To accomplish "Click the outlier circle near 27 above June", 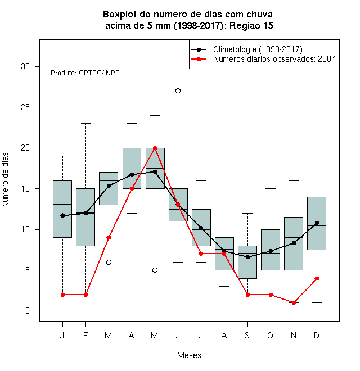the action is click(178, 91).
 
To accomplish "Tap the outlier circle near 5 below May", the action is click(155, 270).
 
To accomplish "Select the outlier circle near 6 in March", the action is click(109, 262).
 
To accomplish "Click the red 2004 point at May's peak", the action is click(155, 148).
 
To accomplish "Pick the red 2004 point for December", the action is click(317, 278).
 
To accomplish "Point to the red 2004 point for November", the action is click(294, 302).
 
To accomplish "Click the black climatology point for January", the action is click(62, 215).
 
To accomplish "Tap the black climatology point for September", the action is click(247, 257).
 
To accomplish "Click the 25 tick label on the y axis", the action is click(25, 107).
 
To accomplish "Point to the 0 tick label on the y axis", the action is click(28, 311).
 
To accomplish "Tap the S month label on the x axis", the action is click(247, 335).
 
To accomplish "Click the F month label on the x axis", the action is click(85, 335).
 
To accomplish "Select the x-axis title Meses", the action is click(189, 355).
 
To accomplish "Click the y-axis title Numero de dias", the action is click(5, 180).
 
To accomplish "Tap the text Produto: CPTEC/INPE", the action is click(85, 73).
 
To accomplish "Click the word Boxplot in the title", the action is click(120, 15).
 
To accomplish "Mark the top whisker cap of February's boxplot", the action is click(85, 123).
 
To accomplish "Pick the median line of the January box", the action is click(62, 205).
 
